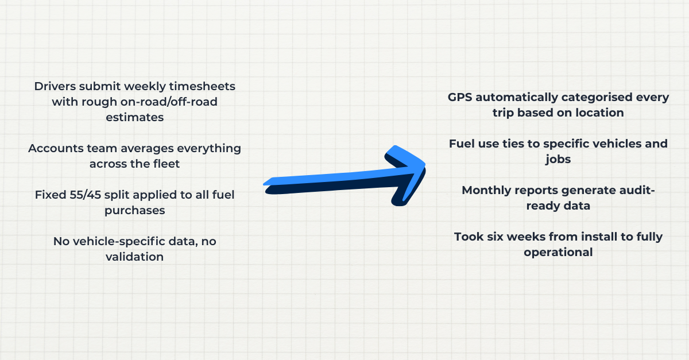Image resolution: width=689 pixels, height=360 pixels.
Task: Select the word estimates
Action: [135, 117]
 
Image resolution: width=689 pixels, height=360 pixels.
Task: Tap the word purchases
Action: [135, 210]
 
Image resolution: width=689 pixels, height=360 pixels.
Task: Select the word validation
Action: [135, 257]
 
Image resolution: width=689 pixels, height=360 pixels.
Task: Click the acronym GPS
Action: [460, 97]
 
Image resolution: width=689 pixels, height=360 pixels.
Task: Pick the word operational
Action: [559, 252]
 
